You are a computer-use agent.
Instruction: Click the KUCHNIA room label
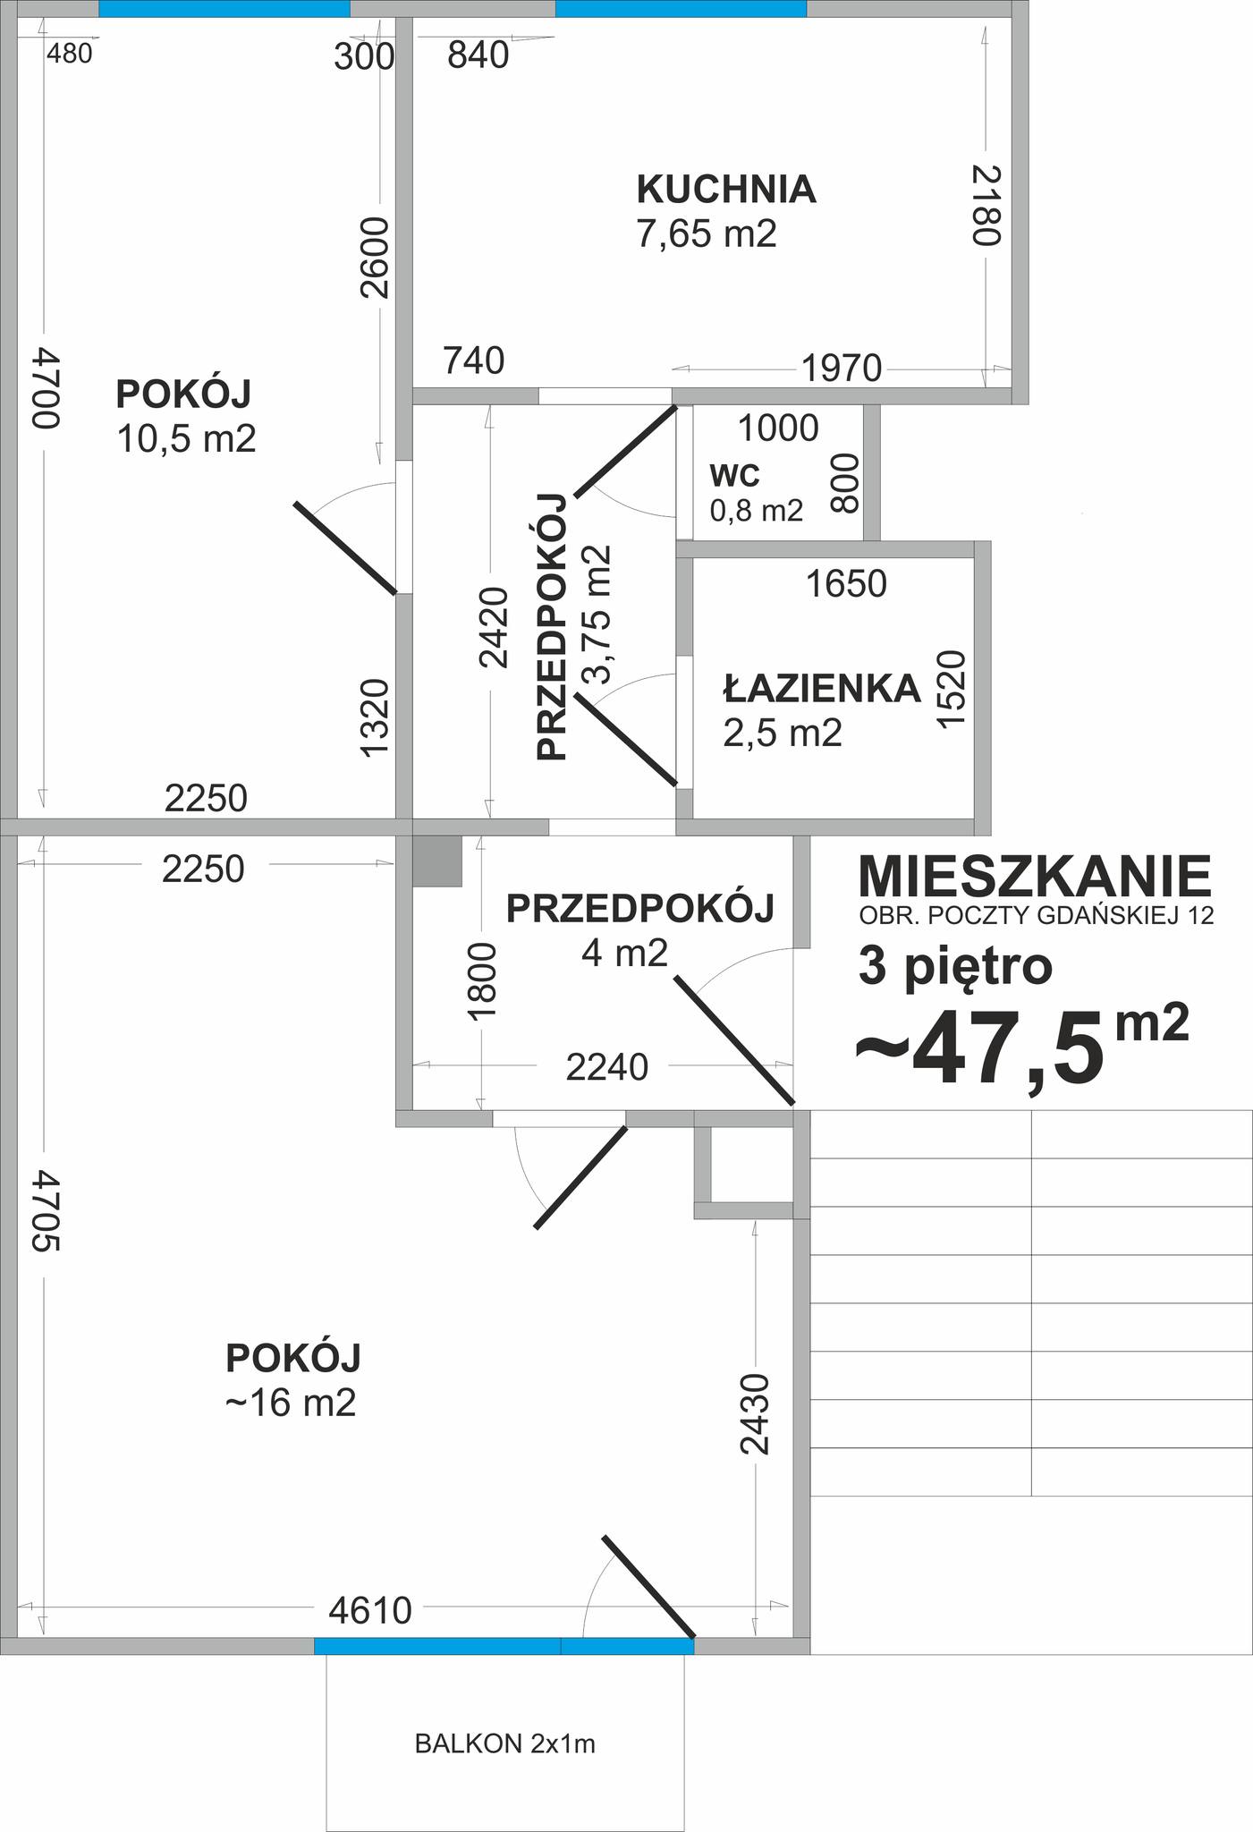pos(726,190)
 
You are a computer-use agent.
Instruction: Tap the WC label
pos(734,475)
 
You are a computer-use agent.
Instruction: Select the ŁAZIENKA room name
pos(822,688)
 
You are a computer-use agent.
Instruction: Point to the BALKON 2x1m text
pos(505,1743)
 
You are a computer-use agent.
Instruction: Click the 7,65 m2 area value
pos(707,233)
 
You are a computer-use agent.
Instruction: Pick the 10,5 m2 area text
pos(187,439)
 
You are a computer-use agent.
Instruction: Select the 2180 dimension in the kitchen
pos(986,204)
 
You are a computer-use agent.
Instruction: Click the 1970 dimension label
pos(842,368)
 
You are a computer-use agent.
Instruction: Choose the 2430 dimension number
pos(756,1413)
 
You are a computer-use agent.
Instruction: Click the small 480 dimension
pos(69,55)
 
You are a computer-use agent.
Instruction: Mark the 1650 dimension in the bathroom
pos(846,584)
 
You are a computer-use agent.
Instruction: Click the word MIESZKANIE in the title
pos(1035,876)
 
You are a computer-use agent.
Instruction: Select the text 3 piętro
pos(955,967)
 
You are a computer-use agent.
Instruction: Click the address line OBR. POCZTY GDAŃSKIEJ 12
pos(1037,916)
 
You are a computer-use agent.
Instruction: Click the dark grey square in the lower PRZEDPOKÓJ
pos(437,861)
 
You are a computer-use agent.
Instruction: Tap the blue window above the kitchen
pos(681,8)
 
